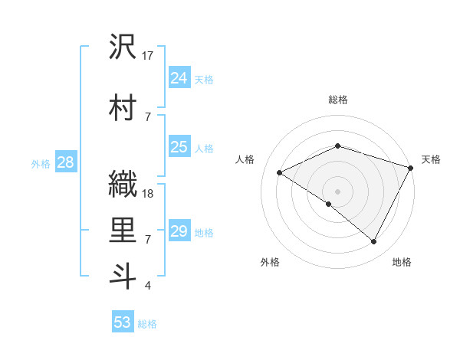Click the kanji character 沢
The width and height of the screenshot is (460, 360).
pyautogui.click(x=123, y=47)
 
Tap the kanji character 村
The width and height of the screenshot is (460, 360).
pyautogui.click(x=123, y=109)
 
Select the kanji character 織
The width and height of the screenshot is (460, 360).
pyautogui.click(x=123, y=185)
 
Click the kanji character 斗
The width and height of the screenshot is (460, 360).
pyautogui.click(x=123, y=277)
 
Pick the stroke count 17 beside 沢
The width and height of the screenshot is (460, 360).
pyautogui.click(x=148, y=55)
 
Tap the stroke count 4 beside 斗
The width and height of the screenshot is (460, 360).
pyautogui.click(x=147, y=286)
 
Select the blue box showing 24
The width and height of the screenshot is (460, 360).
pyautogui.click(x=179, y=78)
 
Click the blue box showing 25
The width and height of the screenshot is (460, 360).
pyautogui.click(x=179, y=147)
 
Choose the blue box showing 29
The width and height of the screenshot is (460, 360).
pyautogui.click(x=179, y=231)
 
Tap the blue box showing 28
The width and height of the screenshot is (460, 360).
pyautogui.click(x=65, y=162)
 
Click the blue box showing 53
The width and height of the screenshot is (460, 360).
pyautogui.click(x=123, y=322)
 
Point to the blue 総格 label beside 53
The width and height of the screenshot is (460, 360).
pyautogui.click(x=147, y=324)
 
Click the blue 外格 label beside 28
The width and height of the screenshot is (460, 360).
pyautogui.click(x=41, y=163)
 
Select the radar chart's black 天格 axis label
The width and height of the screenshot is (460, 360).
pyautogui.click(x=431, y=159)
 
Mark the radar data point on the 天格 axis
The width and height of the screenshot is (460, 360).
pyautogui.click(x=412, y=166)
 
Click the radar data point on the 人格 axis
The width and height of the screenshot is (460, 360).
pyautogui.click(x=280, y=172)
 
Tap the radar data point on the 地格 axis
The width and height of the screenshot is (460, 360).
pyautogui.click(x=374, y=241)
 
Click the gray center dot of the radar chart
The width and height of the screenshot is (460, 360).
pyautogui.click(x=337, y=191)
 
